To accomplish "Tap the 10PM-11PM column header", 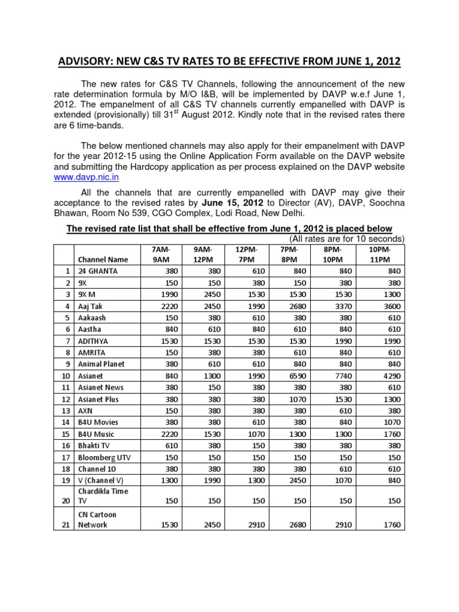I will click(x=381, y=254).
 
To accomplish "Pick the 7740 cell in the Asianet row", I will click(x=341, y=375).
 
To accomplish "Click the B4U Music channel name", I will click(x=94, y=434).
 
